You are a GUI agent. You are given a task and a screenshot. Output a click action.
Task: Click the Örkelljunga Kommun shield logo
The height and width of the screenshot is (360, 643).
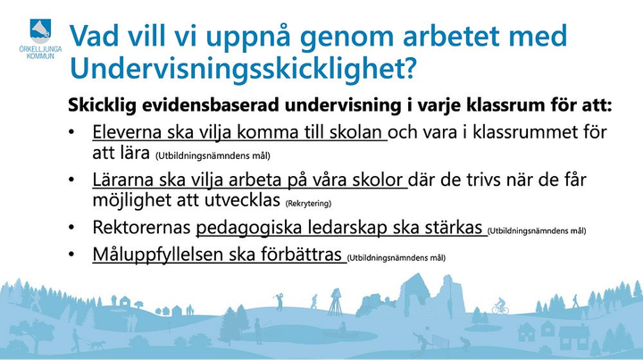point(40,30)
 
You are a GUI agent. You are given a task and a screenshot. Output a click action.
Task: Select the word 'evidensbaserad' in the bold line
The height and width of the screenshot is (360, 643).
point(211,105)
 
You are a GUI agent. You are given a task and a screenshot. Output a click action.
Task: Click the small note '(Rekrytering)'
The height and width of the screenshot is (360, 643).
point(308,204)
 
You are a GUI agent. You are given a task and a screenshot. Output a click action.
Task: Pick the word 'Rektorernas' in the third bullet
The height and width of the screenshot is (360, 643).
point(141,227)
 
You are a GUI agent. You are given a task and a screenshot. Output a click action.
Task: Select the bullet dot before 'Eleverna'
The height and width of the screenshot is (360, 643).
point(71,132)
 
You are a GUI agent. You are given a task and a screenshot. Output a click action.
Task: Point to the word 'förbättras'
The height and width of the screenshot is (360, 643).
point(302,255)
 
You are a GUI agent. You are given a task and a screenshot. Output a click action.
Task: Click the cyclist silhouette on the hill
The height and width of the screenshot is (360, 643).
point(500,306)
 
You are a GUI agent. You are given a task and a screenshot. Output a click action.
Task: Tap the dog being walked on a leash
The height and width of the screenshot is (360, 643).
point(96,345)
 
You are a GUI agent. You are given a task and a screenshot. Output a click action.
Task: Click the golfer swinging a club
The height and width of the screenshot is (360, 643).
point(280,301)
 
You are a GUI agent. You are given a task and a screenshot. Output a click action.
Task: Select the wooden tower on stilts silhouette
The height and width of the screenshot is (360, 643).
point(336,302)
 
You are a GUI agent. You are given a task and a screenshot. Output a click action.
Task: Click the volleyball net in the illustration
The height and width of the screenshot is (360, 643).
point(439,341)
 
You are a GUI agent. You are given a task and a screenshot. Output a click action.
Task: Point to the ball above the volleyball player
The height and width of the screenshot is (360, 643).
point(428,329)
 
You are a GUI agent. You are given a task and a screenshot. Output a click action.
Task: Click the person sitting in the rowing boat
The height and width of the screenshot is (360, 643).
point(341,327)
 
